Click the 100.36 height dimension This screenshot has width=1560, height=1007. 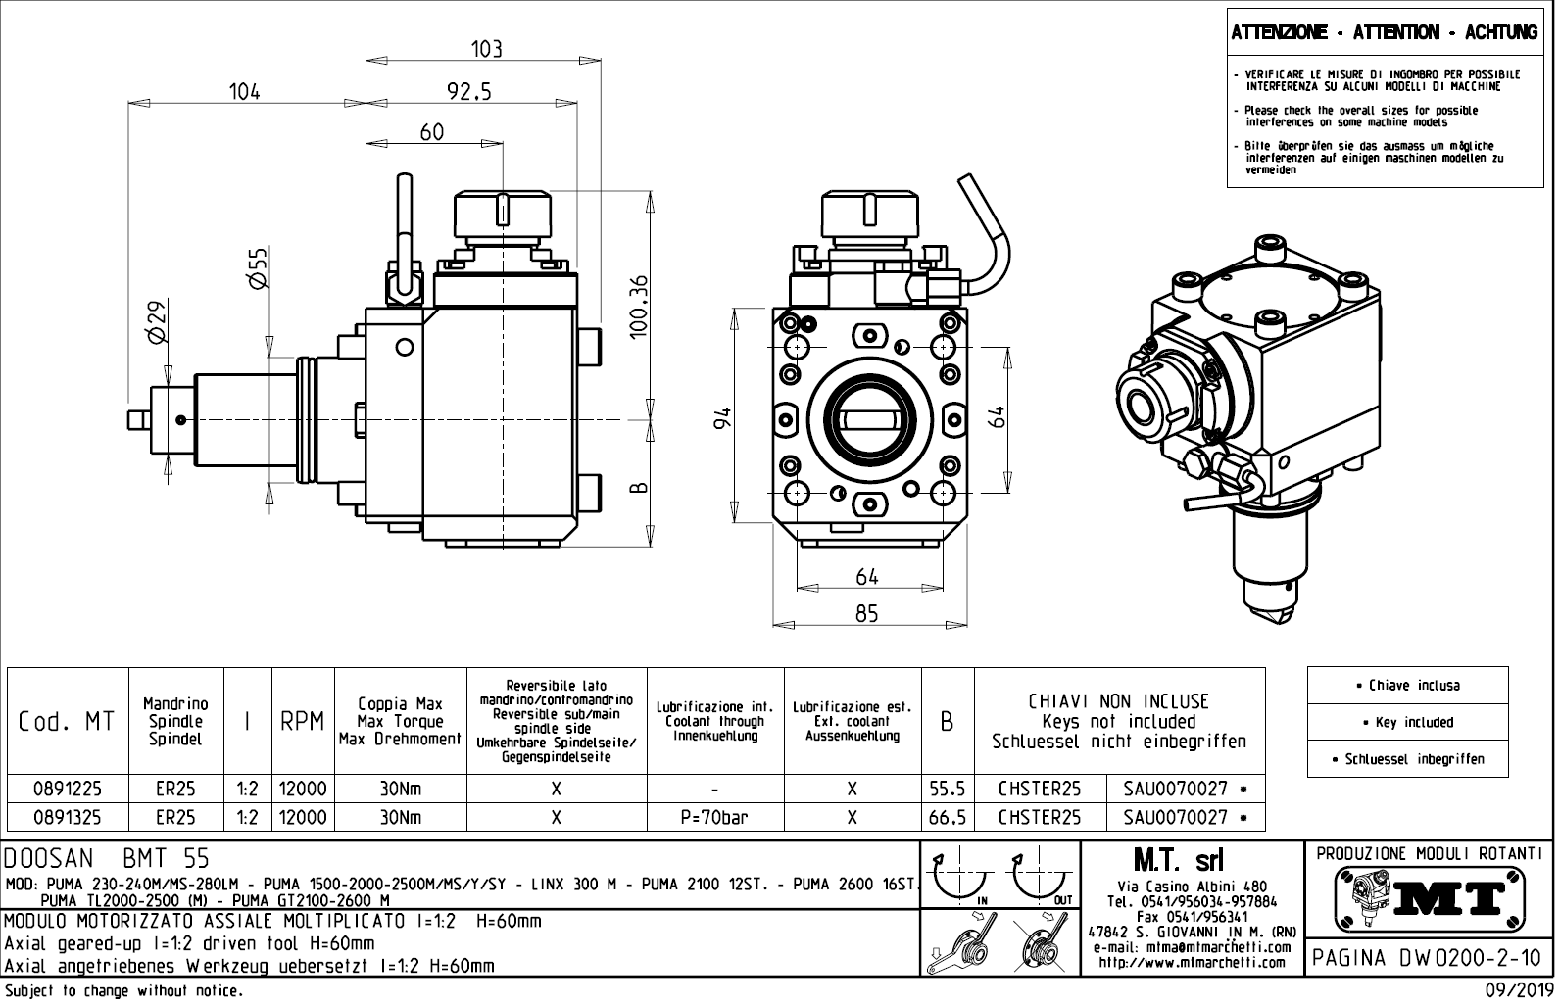point(640,307)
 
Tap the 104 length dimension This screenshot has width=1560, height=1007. point(244,91)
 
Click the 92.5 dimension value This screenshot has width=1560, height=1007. point(468,91)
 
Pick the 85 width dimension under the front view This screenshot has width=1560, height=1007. point(866,613)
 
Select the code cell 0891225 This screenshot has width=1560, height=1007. point(68,789)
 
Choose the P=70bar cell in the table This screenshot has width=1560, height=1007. point(714,817)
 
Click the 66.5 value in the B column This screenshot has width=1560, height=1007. point(948,817)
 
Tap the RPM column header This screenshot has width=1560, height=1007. point(303,722)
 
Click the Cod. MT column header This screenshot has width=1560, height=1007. point(68,722)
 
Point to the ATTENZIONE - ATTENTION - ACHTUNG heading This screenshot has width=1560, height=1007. point(1385,33)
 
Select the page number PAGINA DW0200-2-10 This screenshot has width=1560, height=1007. point(1430,957)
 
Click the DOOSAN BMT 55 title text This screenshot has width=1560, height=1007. point(108,859)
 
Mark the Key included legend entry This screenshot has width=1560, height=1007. point(1407,722)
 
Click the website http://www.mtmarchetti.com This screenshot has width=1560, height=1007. point(1191,963)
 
